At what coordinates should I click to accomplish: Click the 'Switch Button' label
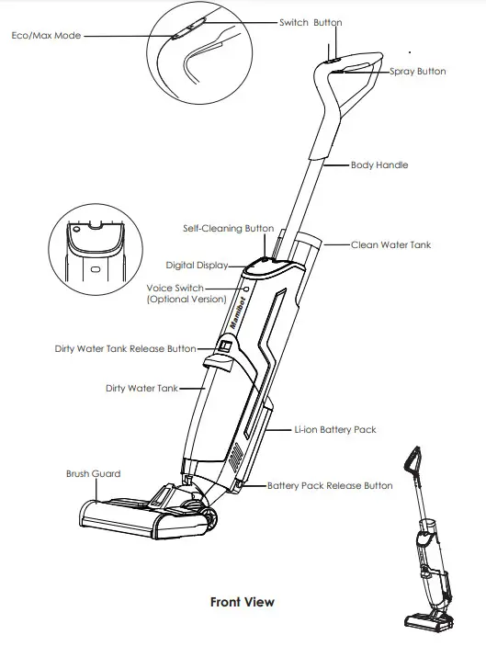coord(311,22)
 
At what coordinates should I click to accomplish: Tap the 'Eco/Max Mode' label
coord(47,36)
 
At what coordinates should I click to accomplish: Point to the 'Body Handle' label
coord(379,165)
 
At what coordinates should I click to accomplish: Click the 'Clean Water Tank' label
coord(390,245)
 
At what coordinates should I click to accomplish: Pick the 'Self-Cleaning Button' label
coord(228,228)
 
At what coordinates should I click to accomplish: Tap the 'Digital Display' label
coord(198,266)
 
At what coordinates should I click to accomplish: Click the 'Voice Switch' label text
coord(178,288)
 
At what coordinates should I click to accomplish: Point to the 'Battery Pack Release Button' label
coord(330,485)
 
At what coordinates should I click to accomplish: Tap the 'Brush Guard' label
coord(93,474)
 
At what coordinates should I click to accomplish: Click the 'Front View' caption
coord(243,602)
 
